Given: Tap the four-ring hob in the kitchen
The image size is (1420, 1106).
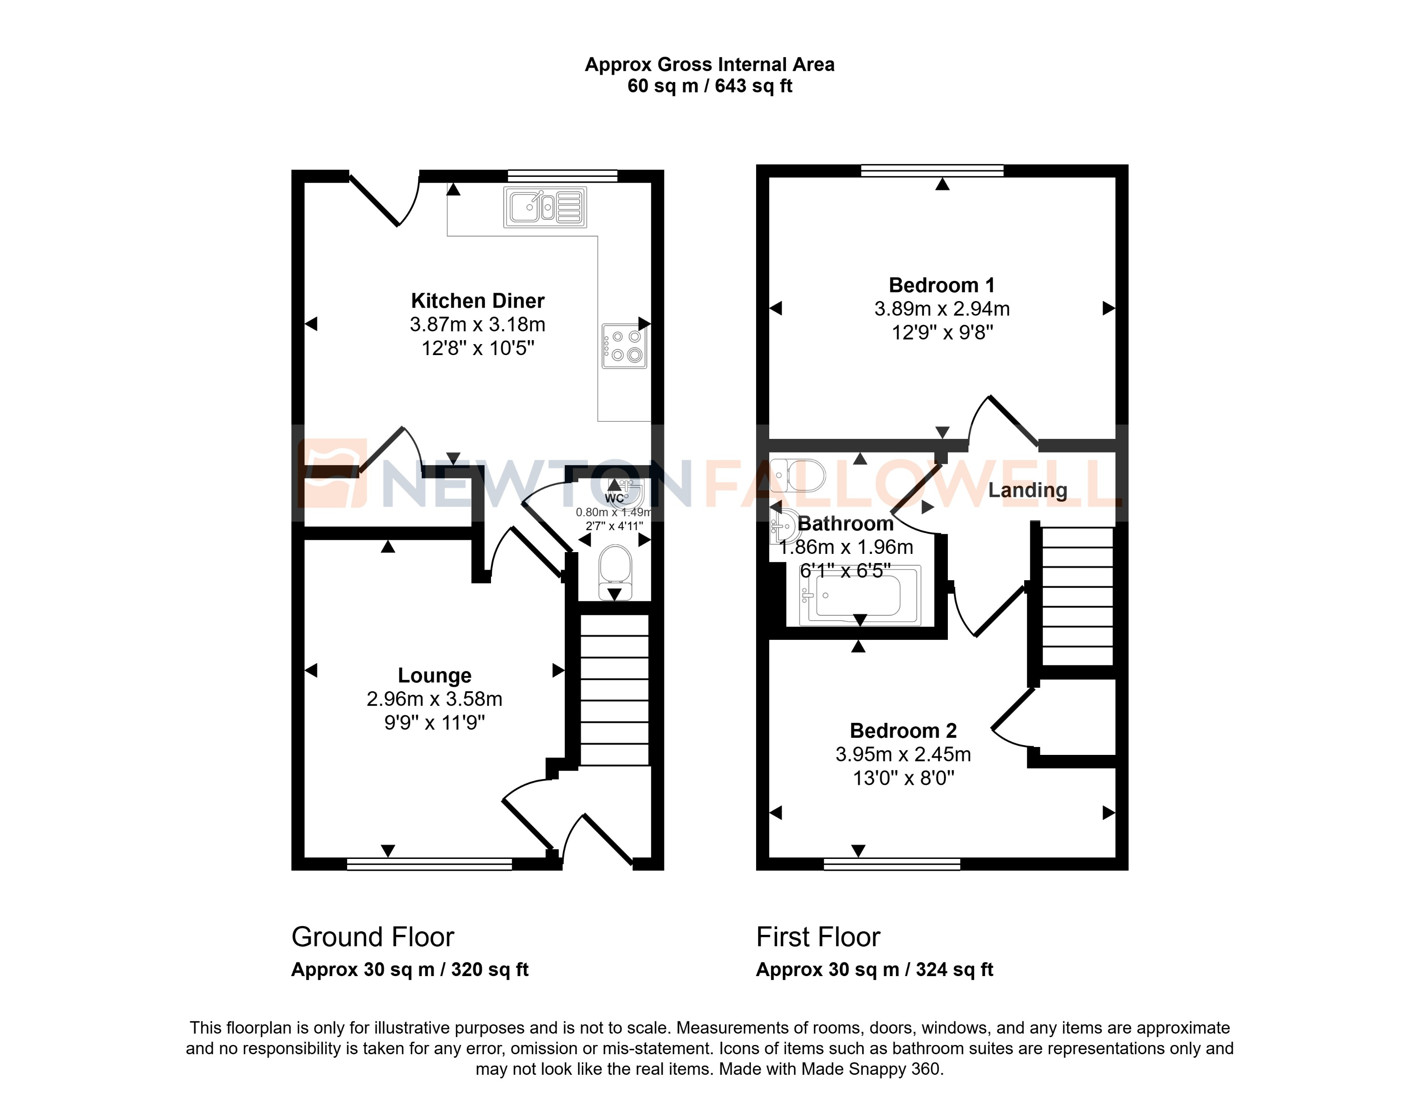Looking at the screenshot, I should (624, 346).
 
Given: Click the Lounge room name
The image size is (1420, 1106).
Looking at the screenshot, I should (434, 675).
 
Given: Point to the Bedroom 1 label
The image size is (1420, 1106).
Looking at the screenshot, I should (941, 285).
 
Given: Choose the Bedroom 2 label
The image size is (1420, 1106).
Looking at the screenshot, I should (903, 731).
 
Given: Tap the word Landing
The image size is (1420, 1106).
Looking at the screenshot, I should (1027, 490).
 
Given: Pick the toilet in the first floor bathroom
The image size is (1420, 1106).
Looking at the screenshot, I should (799, 476).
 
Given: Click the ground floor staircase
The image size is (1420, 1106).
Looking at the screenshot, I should (614, 690).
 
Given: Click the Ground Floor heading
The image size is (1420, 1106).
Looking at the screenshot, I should (373, 937).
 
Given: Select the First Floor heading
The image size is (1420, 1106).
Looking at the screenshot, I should (818, 937).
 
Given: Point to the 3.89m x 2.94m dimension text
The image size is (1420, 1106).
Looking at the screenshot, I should (941, 309).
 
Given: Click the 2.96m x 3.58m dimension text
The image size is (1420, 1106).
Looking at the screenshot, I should (434, 699).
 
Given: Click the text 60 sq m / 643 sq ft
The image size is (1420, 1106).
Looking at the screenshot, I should (710, 86).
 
